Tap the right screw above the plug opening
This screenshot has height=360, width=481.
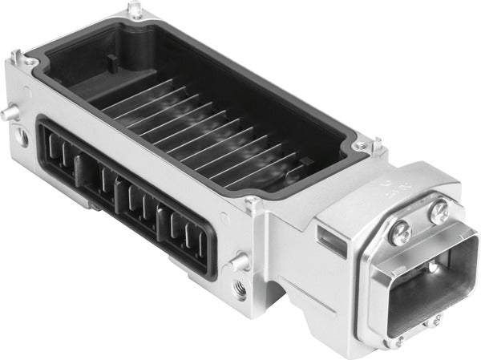439,213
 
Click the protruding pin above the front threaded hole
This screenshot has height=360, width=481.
236,261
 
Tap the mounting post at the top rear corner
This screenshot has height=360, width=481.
139,10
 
